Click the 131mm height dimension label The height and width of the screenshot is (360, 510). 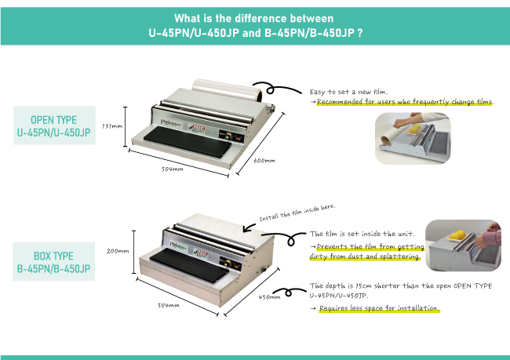pyautogui.click(x=112, y=125)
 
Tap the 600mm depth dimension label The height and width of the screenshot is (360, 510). pyautogui.click(x=264, y=161)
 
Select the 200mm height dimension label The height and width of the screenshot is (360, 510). pyautogui.click(x=116, y=251)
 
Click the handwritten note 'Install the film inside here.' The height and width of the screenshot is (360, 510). pyautogui.click(x=297, y=213)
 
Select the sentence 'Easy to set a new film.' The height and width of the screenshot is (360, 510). pyautogui.click(x=348, y=92)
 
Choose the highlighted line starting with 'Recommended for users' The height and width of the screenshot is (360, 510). pyautogui.click(x=405, y=102)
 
